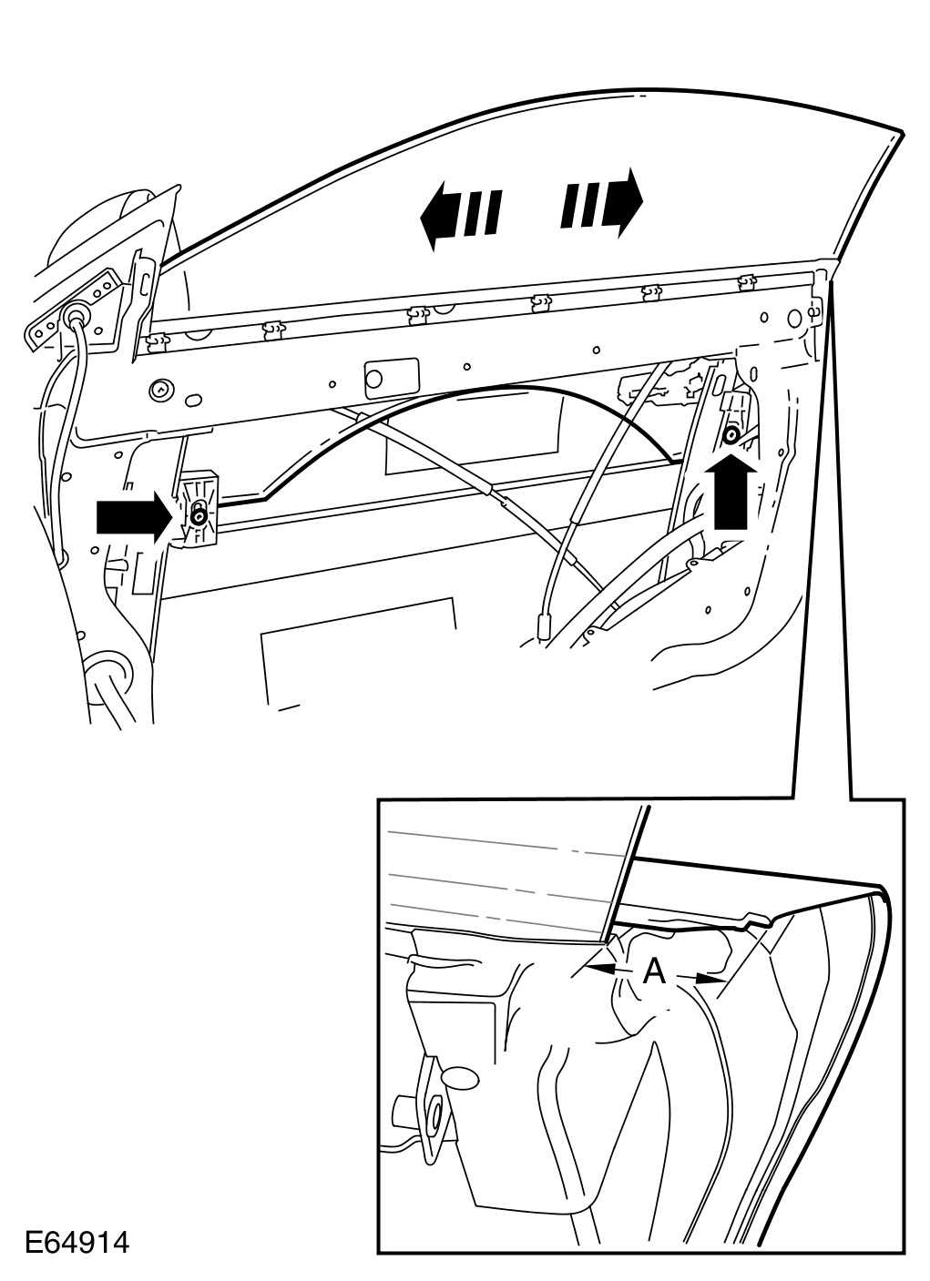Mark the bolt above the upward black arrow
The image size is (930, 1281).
click(731, 436)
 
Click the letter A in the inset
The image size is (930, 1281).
click(654, 973)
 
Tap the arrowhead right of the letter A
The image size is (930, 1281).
click(710, 981)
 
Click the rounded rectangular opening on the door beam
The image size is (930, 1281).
click(392, 376)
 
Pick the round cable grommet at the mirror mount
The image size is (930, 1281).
click(74, 316)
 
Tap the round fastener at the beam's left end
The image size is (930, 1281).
click(161, 390)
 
